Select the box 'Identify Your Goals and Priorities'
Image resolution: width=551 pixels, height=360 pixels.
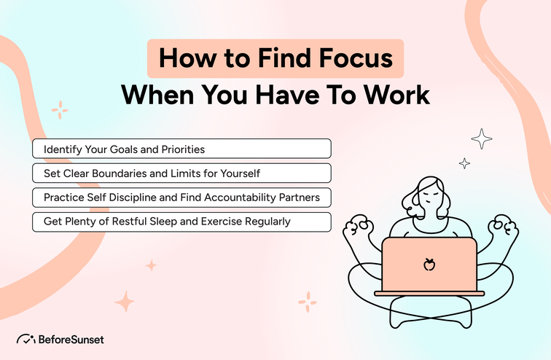181,149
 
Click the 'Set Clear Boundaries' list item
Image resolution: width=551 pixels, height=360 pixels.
181,173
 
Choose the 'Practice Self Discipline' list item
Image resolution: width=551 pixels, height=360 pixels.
181,197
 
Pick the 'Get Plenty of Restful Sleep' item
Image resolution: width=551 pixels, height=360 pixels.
181,222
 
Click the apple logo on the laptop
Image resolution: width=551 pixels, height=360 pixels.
429,264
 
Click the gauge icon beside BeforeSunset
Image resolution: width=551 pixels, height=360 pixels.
26,340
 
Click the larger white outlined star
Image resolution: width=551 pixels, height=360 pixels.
481,138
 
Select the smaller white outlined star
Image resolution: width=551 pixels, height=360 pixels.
464,164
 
